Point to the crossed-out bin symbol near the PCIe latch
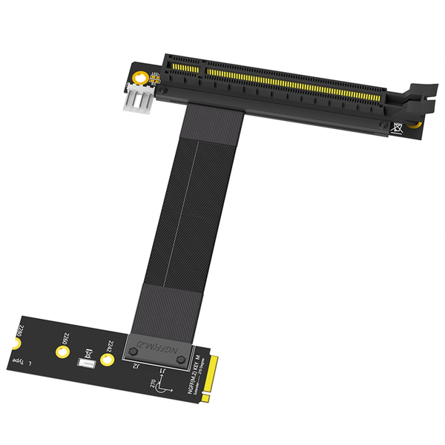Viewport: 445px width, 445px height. pos(399,127)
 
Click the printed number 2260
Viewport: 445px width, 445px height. pos(65,338)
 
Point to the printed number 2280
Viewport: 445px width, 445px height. pos(22,330)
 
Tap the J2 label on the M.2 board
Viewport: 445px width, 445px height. pos(136,365)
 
